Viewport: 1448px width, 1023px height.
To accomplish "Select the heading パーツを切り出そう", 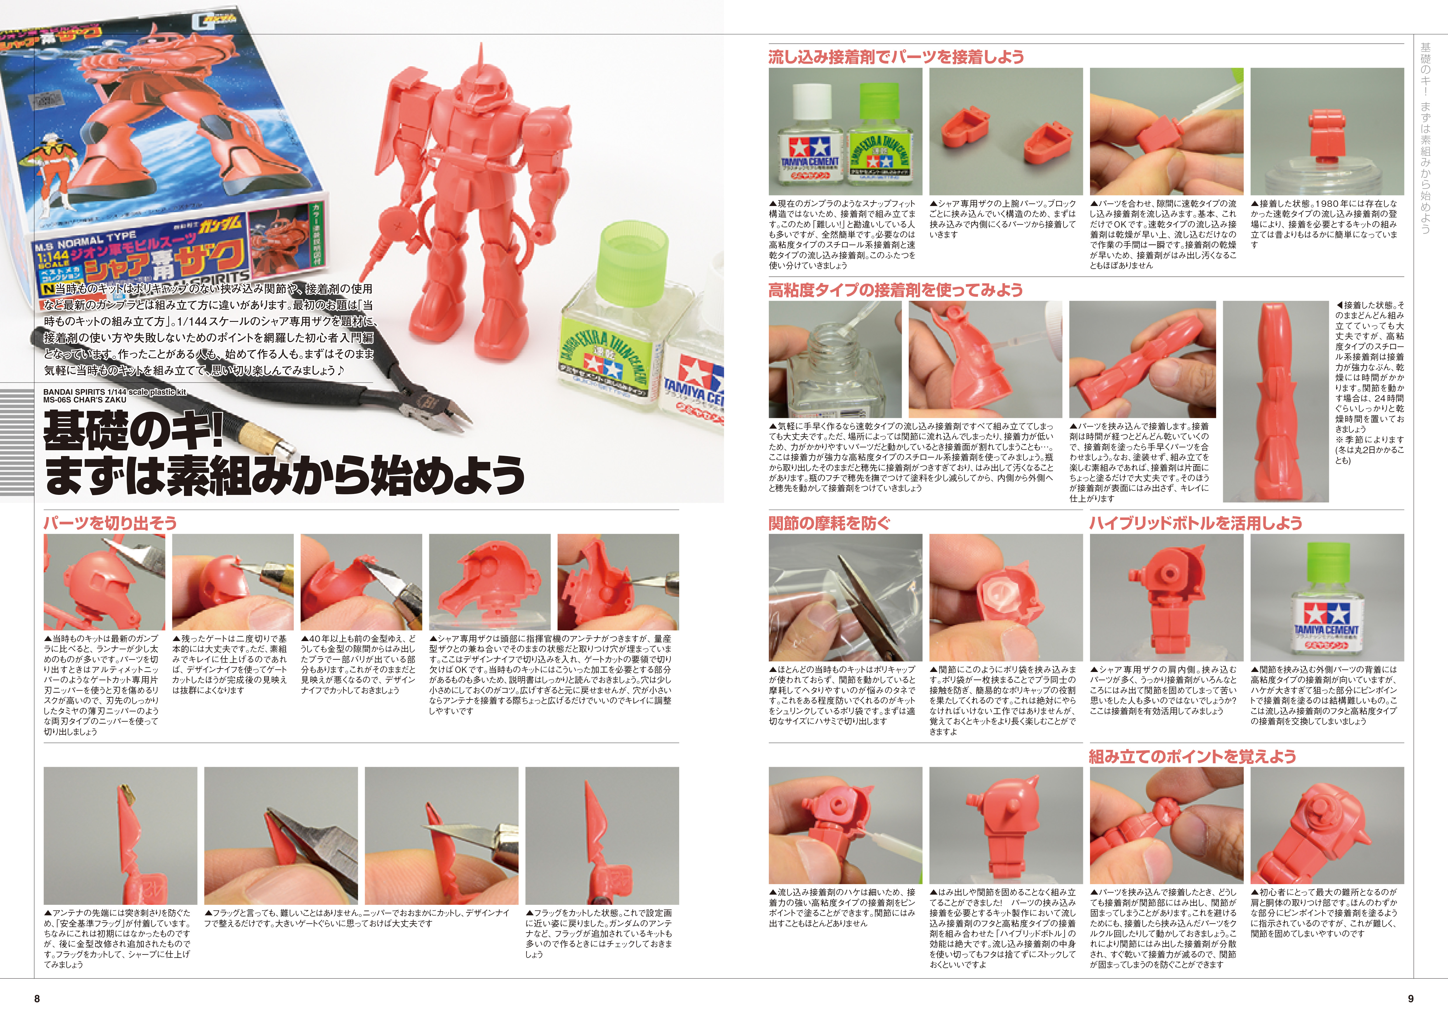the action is pos(110,523).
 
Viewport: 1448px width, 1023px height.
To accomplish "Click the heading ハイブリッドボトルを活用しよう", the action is pos(1196,523).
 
